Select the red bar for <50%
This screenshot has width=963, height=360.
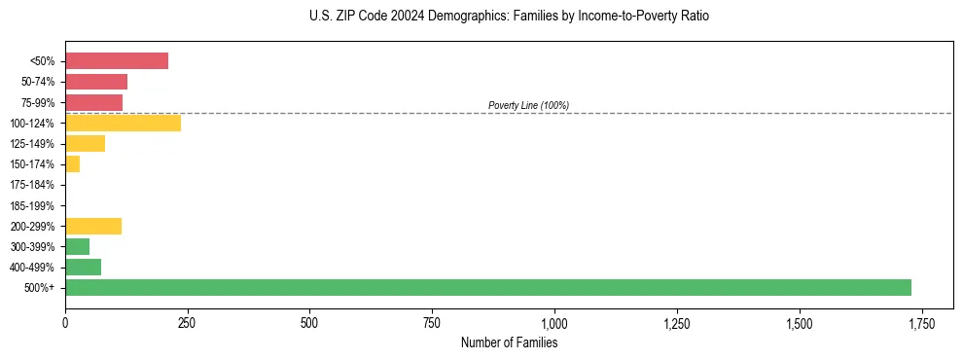tap(117, 61)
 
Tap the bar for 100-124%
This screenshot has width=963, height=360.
tap(123, 123)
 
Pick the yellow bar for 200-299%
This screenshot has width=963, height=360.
tap(93, 226)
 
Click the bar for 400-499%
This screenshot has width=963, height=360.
tap(83, 267)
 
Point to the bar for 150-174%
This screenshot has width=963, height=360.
tap(72, 164)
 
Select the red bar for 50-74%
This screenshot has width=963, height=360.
tap(96, 82)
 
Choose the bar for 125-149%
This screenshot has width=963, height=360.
tap(85, 144)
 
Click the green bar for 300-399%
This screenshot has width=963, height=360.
tap(77, 246)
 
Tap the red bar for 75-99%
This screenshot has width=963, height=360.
tap(93, 102)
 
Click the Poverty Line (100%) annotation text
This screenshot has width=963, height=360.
tap(528, 105)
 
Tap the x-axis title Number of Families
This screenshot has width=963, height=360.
tap(509, 342)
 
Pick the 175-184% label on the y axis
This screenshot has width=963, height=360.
tap(32, 185)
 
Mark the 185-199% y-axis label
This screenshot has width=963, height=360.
tap(32, 205)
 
